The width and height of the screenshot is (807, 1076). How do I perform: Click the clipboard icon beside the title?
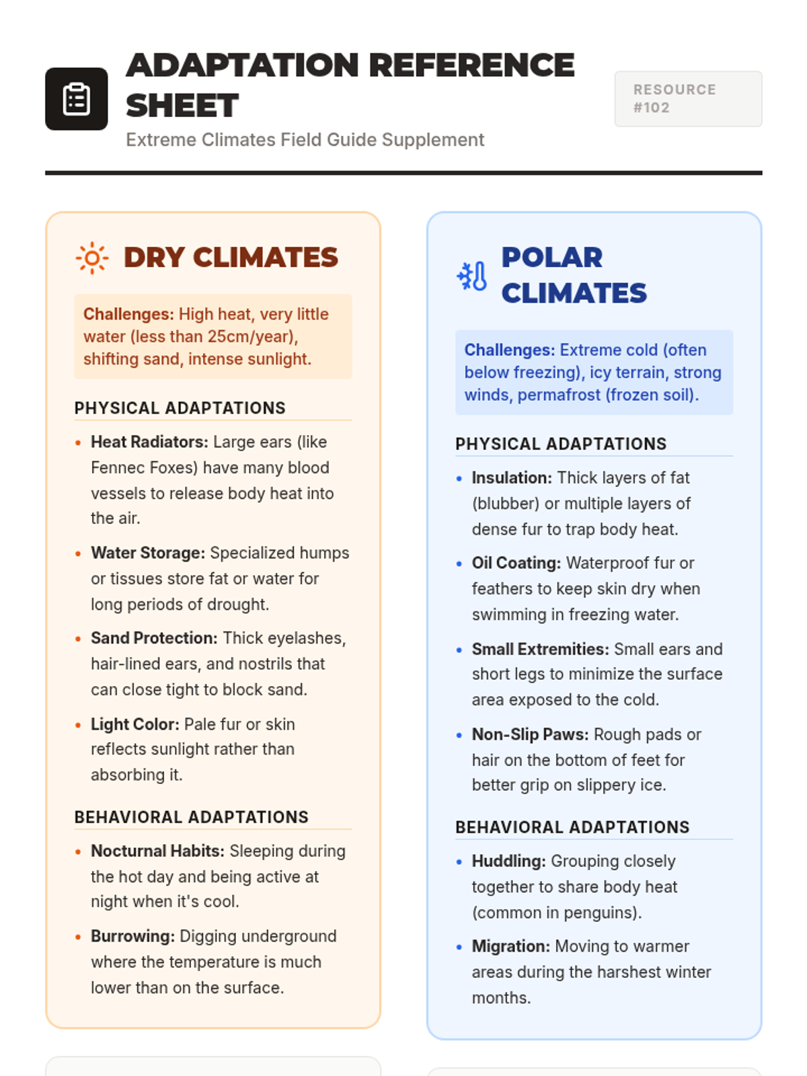76,99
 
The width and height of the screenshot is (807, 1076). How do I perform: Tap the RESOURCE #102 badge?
687,99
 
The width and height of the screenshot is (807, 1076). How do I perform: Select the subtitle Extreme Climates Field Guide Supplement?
305,140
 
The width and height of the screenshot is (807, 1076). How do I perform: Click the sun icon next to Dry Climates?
92,258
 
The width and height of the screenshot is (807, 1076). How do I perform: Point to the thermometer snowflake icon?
472,276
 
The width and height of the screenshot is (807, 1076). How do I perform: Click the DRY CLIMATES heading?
231,258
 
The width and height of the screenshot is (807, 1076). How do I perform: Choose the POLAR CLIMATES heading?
574,275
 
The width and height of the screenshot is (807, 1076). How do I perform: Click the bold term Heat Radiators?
149,442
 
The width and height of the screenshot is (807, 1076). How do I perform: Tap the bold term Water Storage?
148,553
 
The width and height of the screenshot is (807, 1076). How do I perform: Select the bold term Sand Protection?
154,638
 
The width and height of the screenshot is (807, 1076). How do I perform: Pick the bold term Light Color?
135,724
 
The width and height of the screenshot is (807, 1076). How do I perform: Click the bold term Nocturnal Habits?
157,851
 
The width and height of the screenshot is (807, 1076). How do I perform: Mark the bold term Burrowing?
132,936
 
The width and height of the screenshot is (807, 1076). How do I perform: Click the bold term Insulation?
512,477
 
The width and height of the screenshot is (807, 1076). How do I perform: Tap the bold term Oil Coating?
516,563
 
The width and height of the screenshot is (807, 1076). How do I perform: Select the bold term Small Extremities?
540,649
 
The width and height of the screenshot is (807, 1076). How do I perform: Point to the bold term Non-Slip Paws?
530,734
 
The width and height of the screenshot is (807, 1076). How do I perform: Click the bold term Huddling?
508,861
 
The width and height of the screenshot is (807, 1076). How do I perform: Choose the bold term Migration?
511,946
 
